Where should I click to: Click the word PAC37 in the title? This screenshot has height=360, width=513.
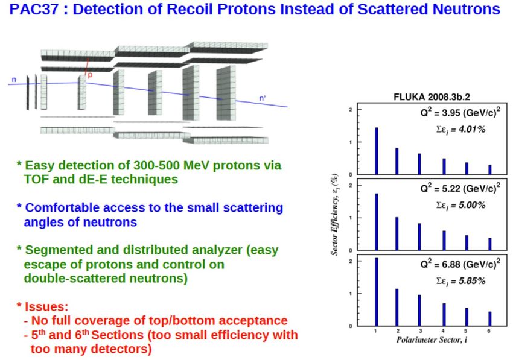[34, 9]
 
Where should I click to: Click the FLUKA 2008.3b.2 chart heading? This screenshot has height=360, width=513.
[432, 97]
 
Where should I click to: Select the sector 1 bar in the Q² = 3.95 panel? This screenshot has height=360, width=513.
[377, 151]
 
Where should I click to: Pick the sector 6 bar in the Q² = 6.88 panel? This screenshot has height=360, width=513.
[490, 318]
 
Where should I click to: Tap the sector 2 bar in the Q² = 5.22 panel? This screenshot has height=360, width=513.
[397, 233]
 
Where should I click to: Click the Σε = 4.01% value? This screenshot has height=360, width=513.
[460, 130]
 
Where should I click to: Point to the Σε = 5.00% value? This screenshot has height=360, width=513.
[460, 206]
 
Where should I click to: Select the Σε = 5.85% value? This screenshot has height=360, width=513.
[460, 281]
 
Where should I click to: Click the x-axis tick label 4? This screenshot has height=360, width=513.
[444, 331]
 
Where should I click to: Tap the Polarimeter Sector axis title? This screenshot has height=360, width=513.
[432, 339]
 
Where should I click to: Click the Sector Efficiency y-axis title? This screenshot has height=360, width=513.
[334, 215]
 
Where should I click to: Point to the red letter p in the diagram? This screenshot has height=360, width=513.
[90, 75]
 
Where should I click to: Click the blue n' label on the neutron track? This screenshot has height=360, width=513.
[263, 98]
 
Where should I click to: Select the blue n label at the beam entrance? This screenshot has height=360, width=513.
[14, 80]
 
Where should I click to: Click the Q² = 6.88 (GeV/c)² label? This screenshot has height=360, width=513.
[460, 263]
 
